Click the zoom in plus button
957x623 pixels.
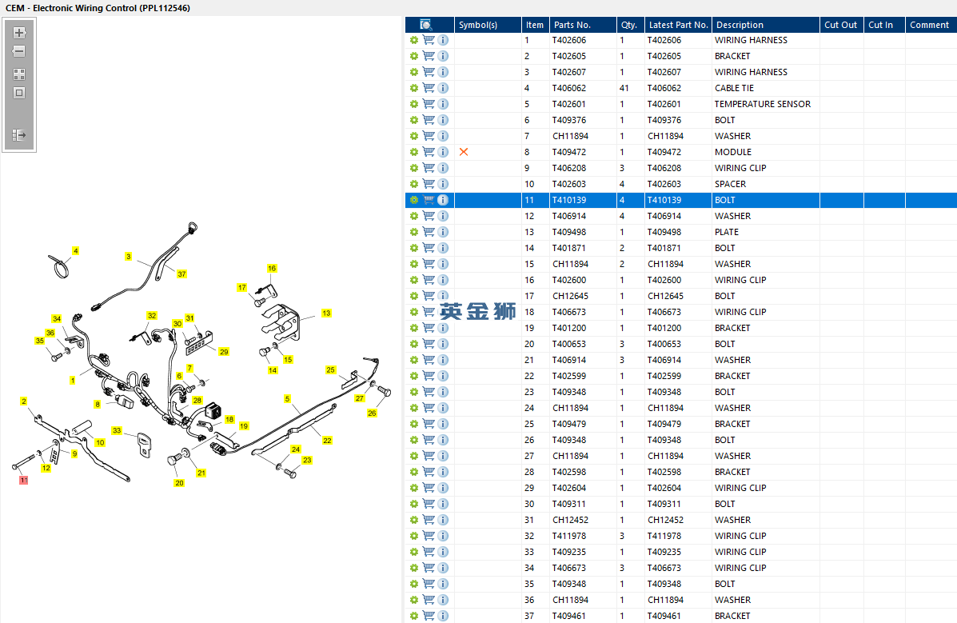click(19, 32)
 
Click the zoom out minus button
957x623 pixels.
click(19, 51)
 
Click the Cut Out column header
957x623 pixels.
click(840, 25)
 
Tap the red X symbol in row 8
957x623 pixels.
click(464, 152)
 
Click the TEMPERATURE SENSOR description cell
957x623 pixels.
click(762, 105)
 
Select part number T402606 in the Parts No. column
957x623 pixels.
click(568, 40)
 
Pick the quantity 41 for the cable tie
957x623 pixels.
click(624, 89)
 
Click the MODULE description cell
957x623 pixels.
click(733, 152)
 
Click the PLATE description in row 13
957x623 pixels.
click(726, 232)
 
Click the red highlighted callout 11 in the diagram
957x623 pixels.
click(23, 480)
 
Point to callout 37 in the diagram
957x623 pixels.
click(181, 274)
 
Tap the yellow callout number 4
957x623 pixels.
click(75, 250)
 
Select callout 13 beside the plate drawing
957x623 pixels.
click(326, 313)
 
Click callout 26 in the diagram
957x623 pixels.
click(372, 413)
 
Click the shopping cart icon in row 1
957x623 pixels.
click(429, 40)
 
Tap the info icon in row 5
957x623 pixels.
click(443, 105)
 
